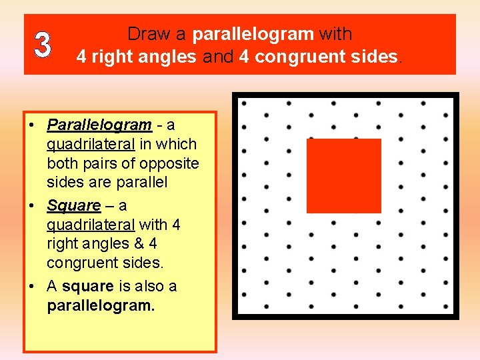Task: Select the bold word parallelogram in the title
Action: pos(253,34)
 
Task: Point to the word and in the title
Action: pos(218,57)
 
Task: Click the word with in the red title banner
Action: pos(335,34)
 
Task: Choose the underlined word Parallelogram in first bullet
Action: pos(99,125)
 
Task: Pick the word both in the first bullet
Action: pos(62,163)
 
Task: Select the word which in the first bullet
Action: pos(177,144)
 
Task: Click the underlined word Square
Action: pos(73,205)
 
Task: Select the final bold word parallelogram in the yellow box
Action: pos(101,306)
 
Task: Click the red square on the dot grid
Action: pos(343,175)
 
